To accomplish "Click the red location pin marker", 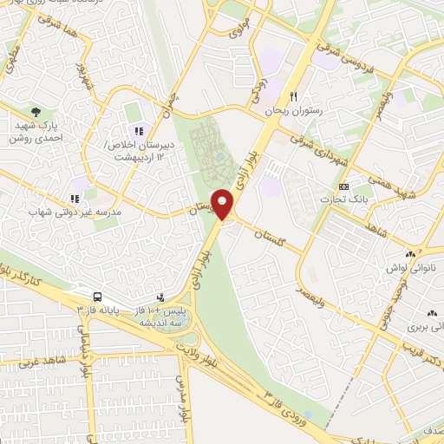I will (223, 205).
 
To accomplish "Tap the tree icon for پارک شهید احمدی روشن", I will (36, 112).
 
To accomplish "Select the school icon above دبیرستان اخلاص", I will (138, 131).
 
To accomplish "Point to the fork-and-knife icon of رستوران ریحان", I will (295, 97).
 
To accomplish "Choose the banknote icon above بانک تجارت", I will (344, 187).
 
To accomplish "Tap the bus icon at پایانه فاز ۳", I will (95, 295).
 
